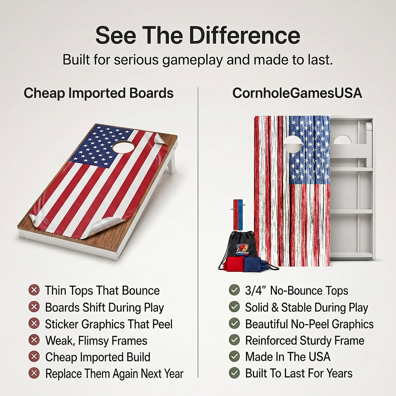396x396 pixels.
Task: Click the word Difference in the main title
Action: click(244, 35)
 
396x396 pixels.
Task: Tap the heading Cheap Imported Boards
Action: click(99, 93)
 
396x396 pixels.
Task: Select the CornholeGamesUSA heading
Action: click(297, 93)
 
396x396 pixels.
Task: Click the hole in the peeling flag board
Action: click(123, 147)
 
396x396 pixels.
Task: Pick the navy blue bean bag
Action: click(253, 265)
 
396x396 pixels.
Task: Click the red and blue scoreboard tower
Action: click(238, 215)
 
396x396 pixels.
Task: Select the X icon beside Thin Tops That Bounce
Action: click(34, 290)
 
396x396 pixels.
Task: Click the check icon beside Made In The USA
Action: click(234, 356)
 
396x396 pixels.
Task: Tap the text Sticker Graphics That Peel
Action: click(109, 324)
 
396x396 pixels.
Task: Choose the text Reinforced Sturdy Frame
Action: click(305, 340)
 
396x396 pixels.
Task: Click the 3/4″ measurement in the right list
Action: click(256, 290)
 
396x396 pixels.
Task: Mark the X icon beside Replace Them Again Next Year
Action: click(34, 373)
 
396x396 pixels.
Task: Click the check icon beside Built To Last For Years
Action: click(234, 373)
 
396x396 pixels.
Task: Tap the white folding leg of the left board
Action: click(172, 162)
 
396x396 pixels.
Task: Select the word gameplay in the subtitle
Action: click(193, 60)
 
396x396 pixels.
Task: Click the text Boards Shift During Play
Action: click(104, 307)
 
